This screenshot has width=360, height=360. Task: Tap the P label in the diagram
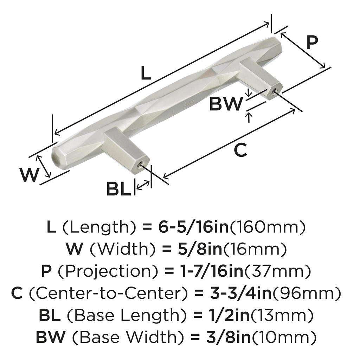[x=311, y=42]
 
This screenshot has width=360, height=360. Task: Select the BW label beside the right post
[x=226, y=104]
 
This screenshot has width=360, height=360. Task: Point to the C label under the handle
[x=240, y=150]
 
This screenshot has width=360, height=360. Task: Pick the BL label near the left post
[x=118, y=189]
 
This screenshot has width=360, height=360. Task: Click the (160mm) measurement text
[x=267, y=227]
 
